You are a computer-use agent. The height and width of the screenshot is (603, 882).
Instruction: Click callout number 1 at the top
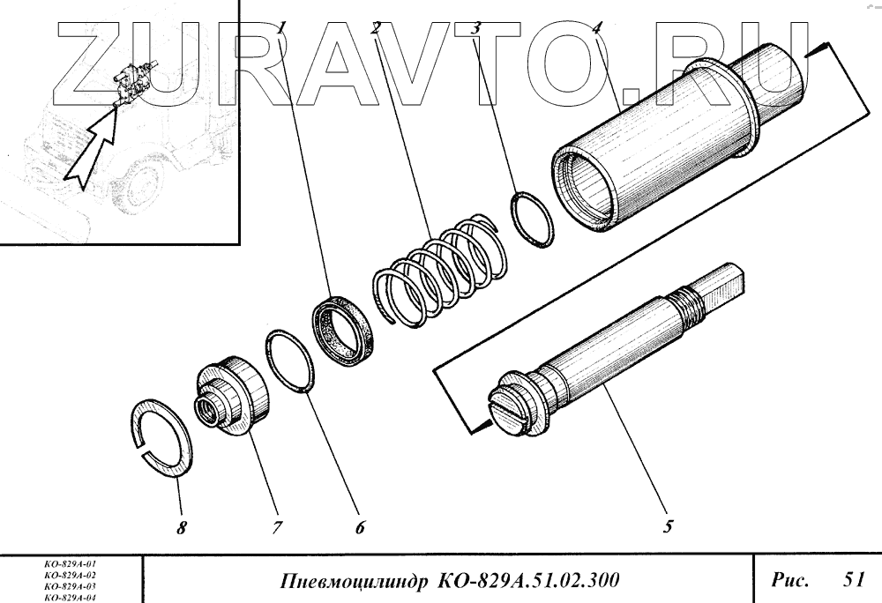(x=282, y=27)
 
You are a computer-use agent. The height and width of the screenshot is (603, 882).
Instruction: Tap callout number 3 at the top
(x=476, y=27)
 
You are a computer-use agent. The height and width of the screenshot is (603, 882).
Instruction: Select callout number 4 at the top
(x=597, y=27)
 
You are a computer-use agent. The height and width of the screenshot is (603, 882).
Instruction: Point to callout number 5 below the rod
(x=668, y=526)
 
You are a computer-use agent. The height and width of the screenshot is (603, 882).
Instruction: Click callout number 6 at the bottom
(x=360, y=527)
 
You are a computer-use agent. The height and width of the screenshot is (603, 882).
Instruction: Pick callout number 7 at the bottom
(x=277, y=528)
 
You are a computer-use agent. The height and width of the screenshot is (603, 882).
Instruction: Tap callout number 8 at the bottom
(x=181, y=528)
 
